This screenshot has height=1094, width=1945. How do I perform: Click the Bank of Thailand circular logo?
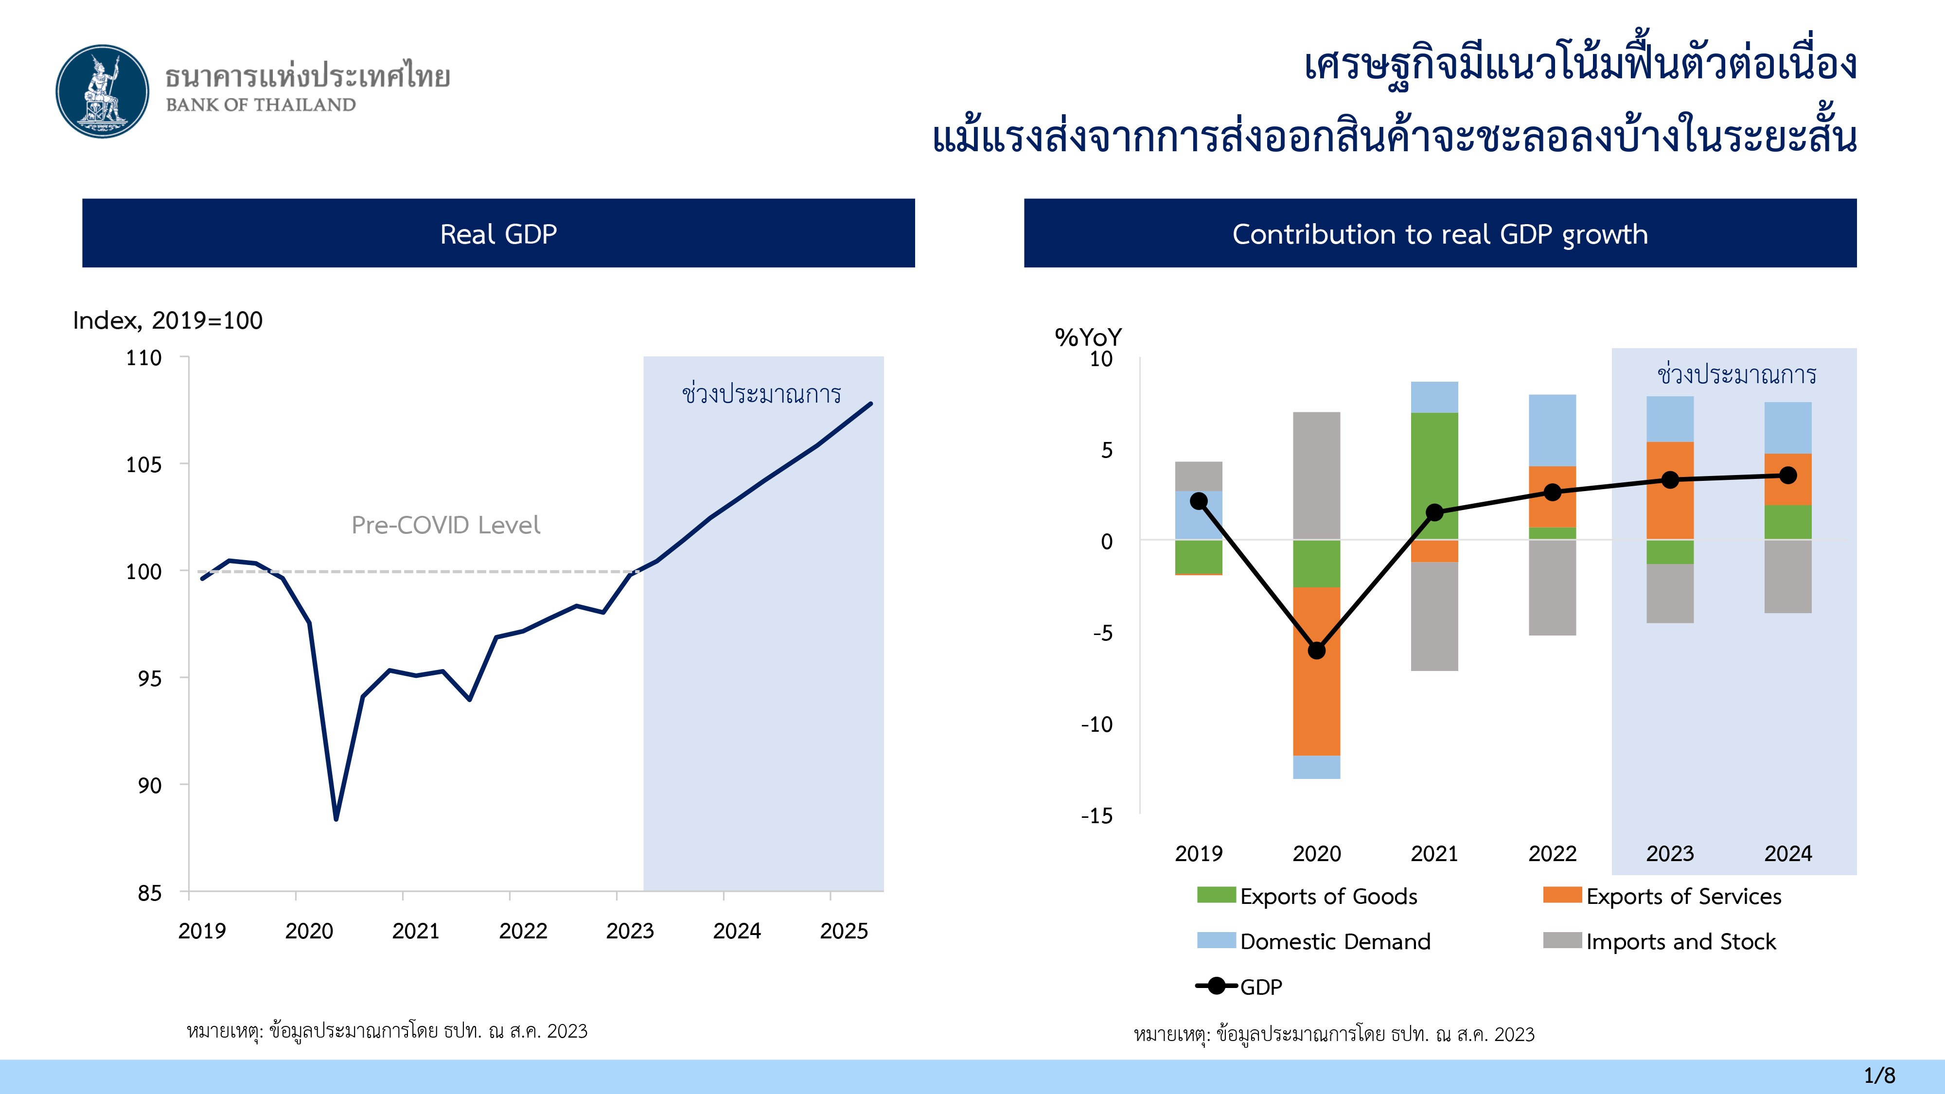tap(103, 91)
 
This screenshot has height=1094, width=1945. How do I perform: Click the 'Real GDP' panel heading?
tap(498, 234)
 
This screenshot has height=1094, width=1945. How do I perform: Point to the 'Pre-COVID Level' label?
tap(445, 525)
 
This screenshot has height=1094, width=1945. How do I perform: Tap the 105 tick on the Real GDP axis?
tap(143, 464)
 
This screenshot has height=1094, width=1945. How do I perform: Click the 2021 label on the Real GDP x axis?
tap(415, 931)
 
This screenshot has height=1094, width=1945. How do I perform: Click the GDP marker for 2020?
tap(1317, 650)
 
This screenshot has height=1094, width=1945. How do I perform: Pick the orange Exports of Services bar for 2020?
tap(1317, 671)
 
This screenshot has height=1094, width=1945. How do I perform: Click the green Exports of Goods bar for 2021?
tap(1434, 476)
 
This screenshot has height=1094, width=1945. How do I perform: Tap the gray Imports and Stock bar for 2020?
tap(1317, 476)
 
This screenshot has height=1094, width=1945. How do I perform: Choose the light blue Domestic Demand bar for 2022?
tap(1553, 430)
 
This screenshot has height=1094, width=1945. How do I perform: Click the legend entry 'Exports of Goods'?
tap(1307, 896)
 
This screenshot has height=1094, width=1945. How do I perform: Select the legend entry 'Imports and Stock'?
tap(1660, 941)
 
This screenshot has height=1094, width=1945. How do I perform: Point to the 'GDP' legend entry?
tap(1239, 987)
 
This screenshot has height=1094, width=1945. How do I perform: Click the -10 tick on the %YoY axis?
tap(1096, 725)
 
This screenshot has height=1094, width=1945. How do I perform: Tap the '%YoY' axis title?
tap(1088, 337)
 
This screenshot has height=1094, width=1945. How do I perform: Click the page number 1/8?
tap(1879, 1075)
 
